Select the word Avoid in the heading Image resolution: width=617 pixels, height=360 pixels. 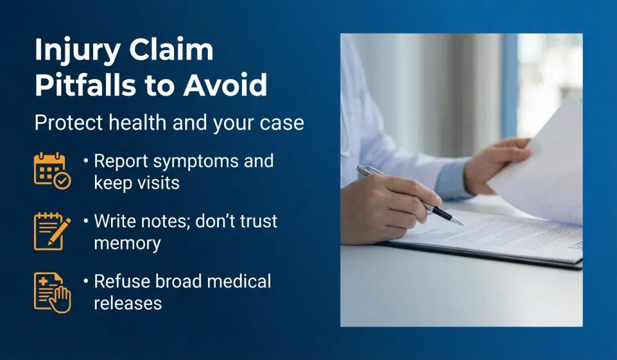[x=226, y=85]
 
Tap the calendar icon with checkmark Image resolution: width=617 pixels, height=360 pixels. [x=52, y=170]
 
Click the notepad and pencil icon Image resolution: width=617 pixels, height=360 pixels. [x=52, y=231]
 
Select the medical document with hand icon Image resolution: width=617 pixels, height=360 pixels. [x=52, y=291]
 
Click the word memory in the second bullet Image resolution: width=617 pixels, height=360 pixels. [x=127, y=243]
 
